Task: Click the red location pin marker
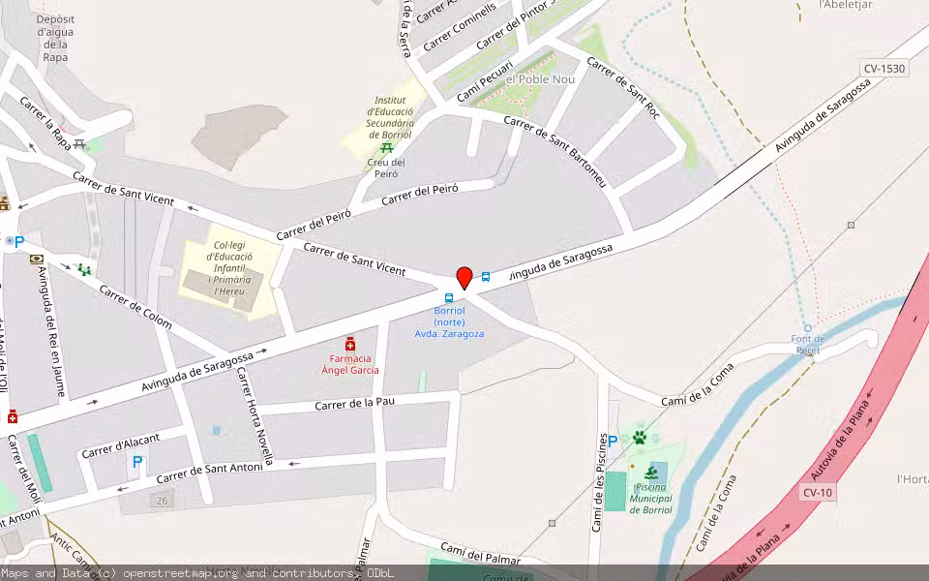pos(464,278)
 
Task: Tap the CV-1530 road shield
pos(884,69)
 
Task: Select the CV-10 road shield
pos(817,493)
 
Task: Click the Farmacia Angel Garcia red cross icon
pos(350,345)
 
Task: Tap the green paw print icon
pos(639,438)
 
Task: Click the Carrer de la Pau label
pos(355,402)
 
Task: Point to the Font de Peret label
pos(808,345)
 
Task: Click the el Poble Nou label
pos(533,78)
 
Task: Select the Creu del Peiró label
pos(386,168)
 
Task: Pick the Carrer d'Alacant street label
pos(120,445)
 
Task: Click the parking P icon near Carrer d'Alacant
pos(137,463)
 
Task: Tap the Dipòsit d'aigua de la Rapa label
pos(55,38)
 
